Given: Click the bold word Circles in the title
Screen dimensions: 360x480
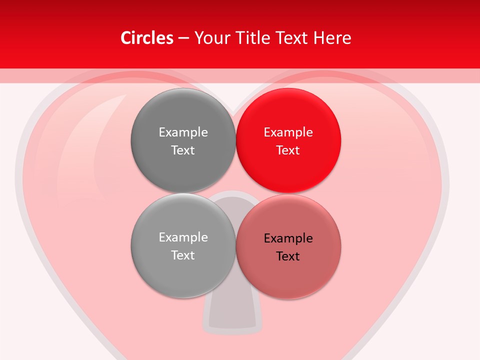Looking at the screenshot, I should click(146, 38).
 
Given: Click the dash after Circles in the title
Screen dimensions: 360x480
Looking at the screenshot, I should click(183, 38).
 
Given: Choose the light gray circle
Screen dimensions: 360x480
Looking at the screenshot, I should click(183, 272).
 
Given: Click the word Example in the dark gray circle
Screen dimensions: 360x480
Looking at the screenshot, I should click(183, 132).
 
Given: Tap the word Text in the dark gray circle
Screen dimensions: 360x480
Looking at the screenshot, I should click(183, 150).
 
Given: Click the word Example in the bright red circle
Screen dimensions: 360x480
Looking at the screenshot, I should click(288, 132).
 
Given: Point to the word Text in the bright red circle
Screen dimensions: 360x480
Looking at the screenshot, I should click(288, 150).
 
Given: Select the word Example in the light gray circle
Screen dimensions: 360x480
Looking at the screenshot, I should click(183, 237).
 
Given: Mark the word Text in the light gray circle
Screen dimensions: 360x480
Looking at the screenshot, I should click(183, 255).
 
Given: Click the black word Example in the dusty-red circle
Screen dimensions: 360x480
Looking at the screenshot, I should click(288, 238).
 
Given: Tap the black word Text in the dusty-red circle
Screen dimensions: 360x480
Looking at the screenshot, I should click(288, 256).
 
